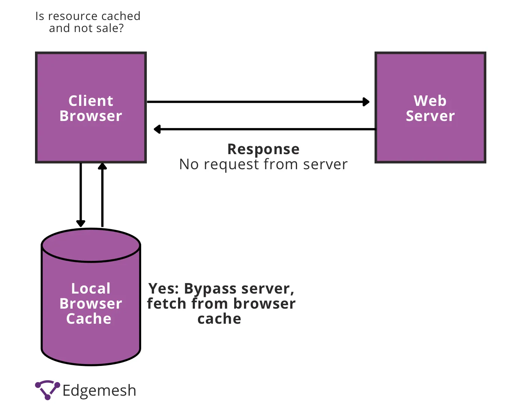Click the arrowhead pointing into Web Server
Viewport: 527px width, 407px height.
click(366, 102)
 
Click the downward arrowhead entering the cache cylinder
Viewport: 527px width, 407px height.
click(81, 223)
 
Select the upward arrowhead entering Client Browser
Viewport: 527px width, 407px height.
click(102, 167)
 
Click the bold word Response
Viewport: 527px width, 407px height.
click(263, 149)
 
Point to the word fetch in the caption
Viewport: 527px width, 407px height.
click(166, 304)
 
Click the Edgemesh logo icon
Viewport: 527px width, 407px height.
click(47, 390)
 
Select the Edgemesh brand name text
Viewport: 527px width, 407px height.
click(99, 391)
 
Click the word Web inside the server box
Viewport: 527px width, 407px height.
click(430, 101)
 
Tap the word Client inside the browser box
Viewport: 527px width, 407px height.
click(91, 101)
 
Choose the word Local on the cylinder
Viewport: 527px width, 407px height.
click(91, 289)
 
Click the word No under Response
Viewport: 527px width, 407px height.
click(189, 164)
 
